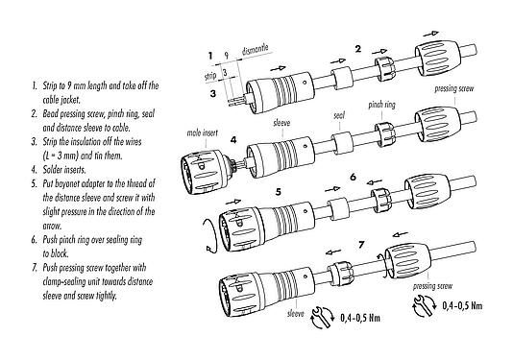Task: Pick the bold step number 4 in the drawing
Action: pyautogui.click(x=233, y=141)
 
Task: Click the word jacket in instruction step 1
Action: pyautogui.click(x=61, y=97)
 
